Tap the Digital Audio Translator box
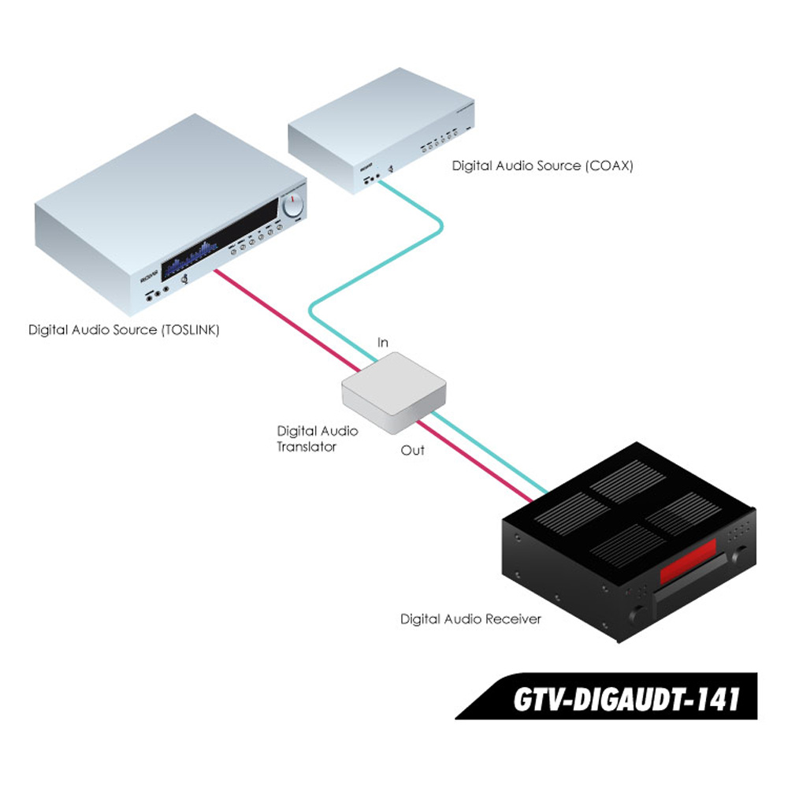coord(393,392)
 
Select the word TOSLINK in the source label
coord(191,330)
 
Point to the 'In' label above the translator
coord(383,342)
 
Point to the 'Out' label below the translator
coord(413,450)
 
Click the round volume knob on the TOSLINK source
coord(292,206)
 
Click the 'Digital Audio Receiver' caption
coord(471,619)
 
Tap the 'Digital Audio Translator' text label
coord(317,439)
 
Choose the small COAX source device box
coord(381,131)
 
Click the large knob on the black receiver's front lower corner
coord(637,614)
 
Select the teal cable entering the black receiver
coord(490,452)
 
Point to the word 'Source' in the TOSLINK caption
coord(135,330)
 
